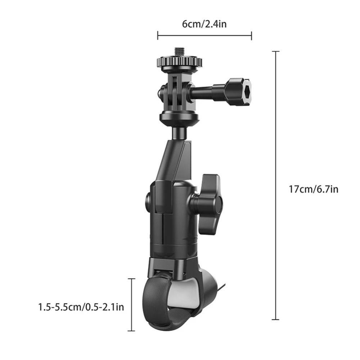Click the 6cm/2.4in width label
(204, 24)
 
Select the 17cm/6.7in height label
(314, 189)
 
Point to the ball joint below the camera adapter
(179, 131)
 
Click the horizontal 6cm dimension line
(204, 35)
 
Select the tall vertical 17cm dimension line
(275, 185)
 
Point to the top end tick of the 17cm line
(275, 52)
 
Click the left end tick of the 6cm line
(158, 35)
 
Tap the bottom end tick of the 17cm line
(275, 319)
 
